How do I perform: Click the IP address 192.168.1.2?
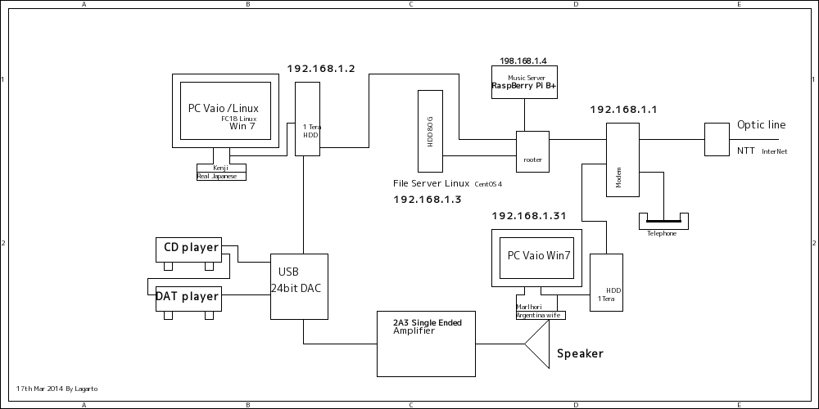pos(320,69)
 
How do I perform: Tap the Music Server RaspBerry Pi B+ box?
pos(524,83)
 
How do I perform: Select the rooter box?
pos(532,151)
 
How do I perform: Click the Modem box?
pos(622,160)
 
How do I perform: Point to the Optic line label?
pos(761,125)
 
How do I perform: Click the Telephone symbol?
pos(663,222)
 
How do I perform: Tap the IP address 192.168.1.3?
pos(428,200)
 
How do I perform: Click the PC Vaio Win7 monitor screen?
pos(538,256)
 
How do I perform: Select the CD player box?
pos(189,249)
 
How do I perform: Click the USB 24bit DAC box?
pos(300,286)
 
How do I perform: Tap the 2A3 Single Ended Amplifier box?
pos(426,344)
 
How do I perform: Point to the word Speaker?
pos(580,354)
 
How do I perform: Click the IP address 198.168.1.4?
pos(523,61)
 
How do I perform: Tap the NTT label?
pos(745,151)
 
